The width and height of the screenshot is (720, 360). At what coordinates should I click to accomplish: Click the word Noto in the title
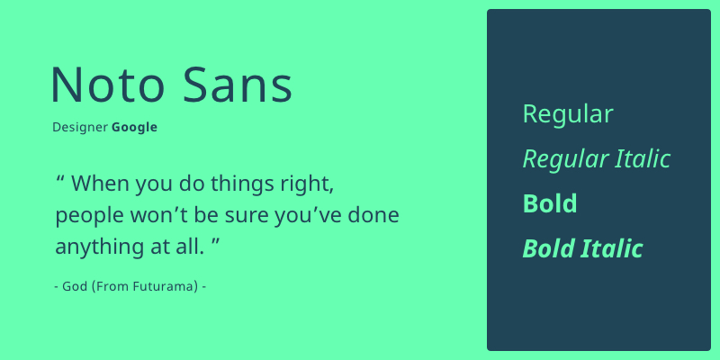(x=107, y=85)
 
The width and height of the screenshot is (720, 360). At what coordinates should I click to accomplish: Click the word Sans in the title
(x=238, y=85)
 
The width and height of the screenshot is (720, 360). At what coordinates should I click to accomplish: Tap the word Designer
(x=80, y=128)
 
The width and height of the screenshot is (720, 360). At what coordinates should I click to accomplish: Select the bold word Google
(x=134, y=128)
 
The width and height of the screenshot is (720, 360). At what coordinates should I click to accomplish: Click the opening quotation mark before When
(x=60, y=176)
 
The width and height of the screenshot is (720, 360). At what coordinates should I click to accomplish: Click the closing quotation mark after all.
(x=216, y=240)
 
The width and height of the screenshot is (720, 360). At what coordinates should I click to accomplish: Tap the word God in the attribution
(x=76, y=286)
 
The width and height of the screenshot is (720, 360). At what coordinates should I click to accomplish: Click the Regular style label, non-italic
(x=568, y=115)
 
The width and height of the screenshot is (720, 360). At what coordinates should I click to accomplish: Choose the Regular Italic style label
(x=597, y=159)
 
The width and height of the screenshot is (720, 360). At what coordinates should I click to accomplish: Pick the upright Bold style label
(x=550, y=203)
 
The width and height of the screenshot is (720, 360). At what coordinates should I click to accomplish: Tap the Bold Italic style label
(x=582, y=248)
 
